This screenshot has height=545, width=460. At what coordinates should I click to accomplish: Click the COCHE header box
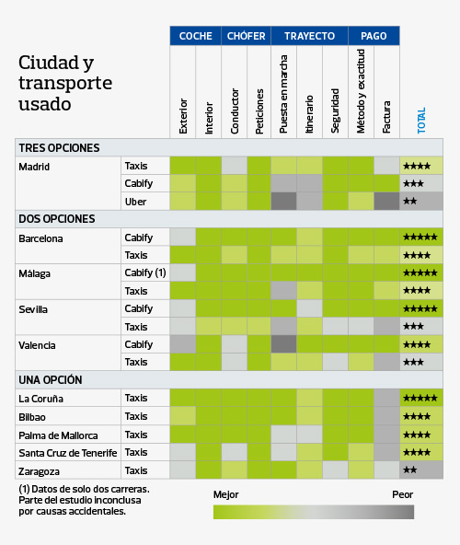click(195, 36)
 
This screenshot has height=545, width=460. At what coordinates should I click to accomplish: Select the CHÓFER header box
click(246, 36)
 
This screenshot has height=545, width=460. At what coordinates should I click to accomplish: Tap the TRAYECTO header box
click(309, 36)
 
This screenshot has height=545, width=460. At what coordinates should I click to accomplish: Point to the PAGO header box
click(374, 36)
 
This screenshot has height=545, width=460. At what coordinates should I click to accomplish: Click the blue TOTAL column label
click(421, 121)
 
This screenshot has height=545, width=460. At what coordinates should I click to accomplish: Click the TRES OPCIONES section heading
click(59, 148)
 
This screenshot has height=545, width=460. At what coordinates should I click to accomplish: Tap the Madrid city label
click(34, 167)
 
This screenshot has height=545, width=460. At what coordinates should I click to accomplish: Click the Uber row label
click(135, 202)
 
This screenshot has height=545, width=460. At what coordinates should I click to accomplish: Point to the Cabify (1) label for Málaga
click(145, 273)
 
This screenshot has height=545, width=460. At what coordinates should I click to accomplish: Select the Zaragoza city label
click(40, 470)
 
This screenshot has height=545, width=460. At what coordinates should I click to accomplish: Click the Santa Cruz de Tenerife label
click(68, 453)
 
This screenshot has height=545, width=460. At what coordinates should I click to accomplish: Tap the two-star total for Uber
click(411, 202)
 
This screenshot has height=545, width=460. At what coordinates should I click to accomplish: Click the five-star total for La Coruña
click(420, 399)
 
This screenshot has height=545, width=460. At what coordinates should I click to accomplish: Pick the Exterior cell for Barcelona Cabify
click(182, 238)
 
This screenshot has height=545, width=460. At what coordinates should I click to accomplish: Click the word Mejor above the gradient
click(225, 494)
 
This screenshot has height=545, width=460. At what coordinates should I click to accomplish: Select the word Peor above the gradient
click(402, 494)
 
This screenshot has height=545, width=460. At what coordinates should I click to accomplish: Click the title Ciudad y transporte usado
click(65, 84)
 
